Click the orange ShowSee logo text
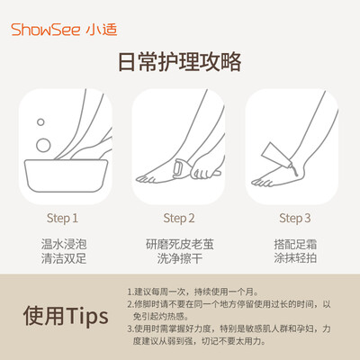pos(46,30)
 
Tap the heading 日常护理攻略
pos(180,62)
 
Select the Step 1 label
pos(62,219)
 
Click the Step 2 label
pos(179,219)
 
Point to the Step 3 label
pos(295,219)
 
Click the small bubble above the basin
pos(40,122)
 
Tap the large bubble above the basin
pos(43,146)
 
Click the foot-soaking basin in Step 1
pos(66,175)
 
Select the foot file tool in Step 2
pos(181,169)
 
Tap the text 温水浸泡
pos(64,244)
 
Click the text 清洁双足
pos(64,258)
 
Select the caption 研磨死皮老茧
pos(180,244)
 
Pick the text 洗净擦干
pos(180,258)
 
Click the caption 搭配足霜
pos(295,244)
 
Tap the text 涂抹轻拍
pos(295,258)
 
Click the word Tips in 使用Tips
pos(87,317)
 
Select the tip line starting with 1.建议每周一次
pos(193,292)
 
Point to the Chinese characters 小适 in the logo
pos(102,30)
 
